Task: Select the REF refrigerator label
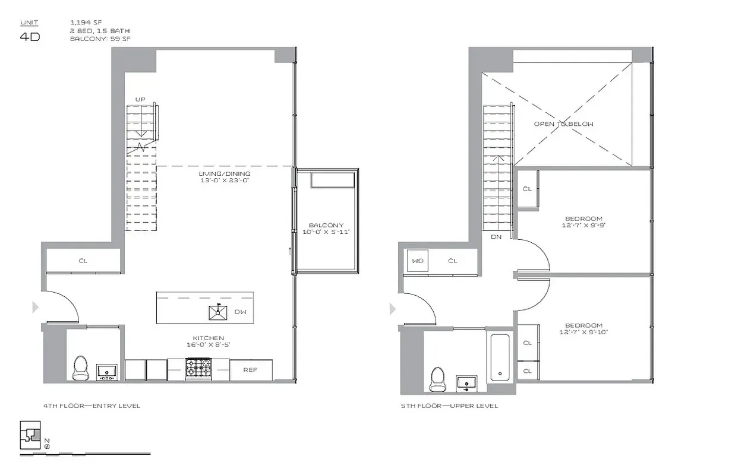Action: click(250, 370)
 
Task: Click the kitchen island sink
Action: click(218, 311)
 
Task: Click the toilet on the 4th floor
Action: click(80, 368)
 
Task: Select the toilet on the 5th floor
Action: click(437, 378)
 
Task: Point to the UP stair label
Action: click(140, 99)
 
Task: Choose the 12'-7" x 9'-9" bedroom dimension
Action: click(583, 226)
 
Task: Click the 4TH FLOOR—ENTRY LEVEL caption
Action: click(92, 406)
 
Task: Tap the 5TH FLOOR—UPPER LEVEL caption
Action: click(449, 406)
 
